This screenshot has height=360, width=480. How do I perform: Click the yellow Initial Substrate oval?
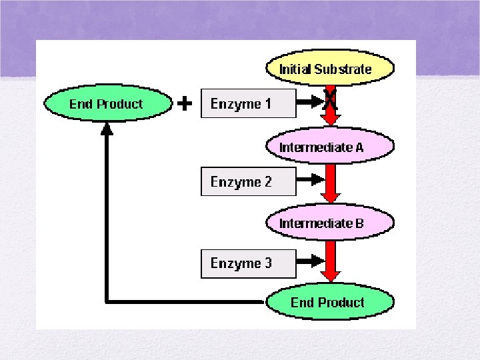[330, 69]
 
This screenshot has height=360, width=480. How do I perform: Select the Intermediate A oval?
[330, 147]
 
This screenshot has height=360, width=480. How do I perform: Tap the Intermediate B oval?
[330, 223]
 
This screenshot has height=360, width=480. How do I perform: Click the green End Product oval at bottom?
[330, 303]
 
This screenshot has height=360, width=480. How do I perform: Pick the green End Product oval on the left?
[106, 104]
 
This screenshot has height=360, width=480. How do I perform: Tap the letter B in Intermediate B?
[359, 223]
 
